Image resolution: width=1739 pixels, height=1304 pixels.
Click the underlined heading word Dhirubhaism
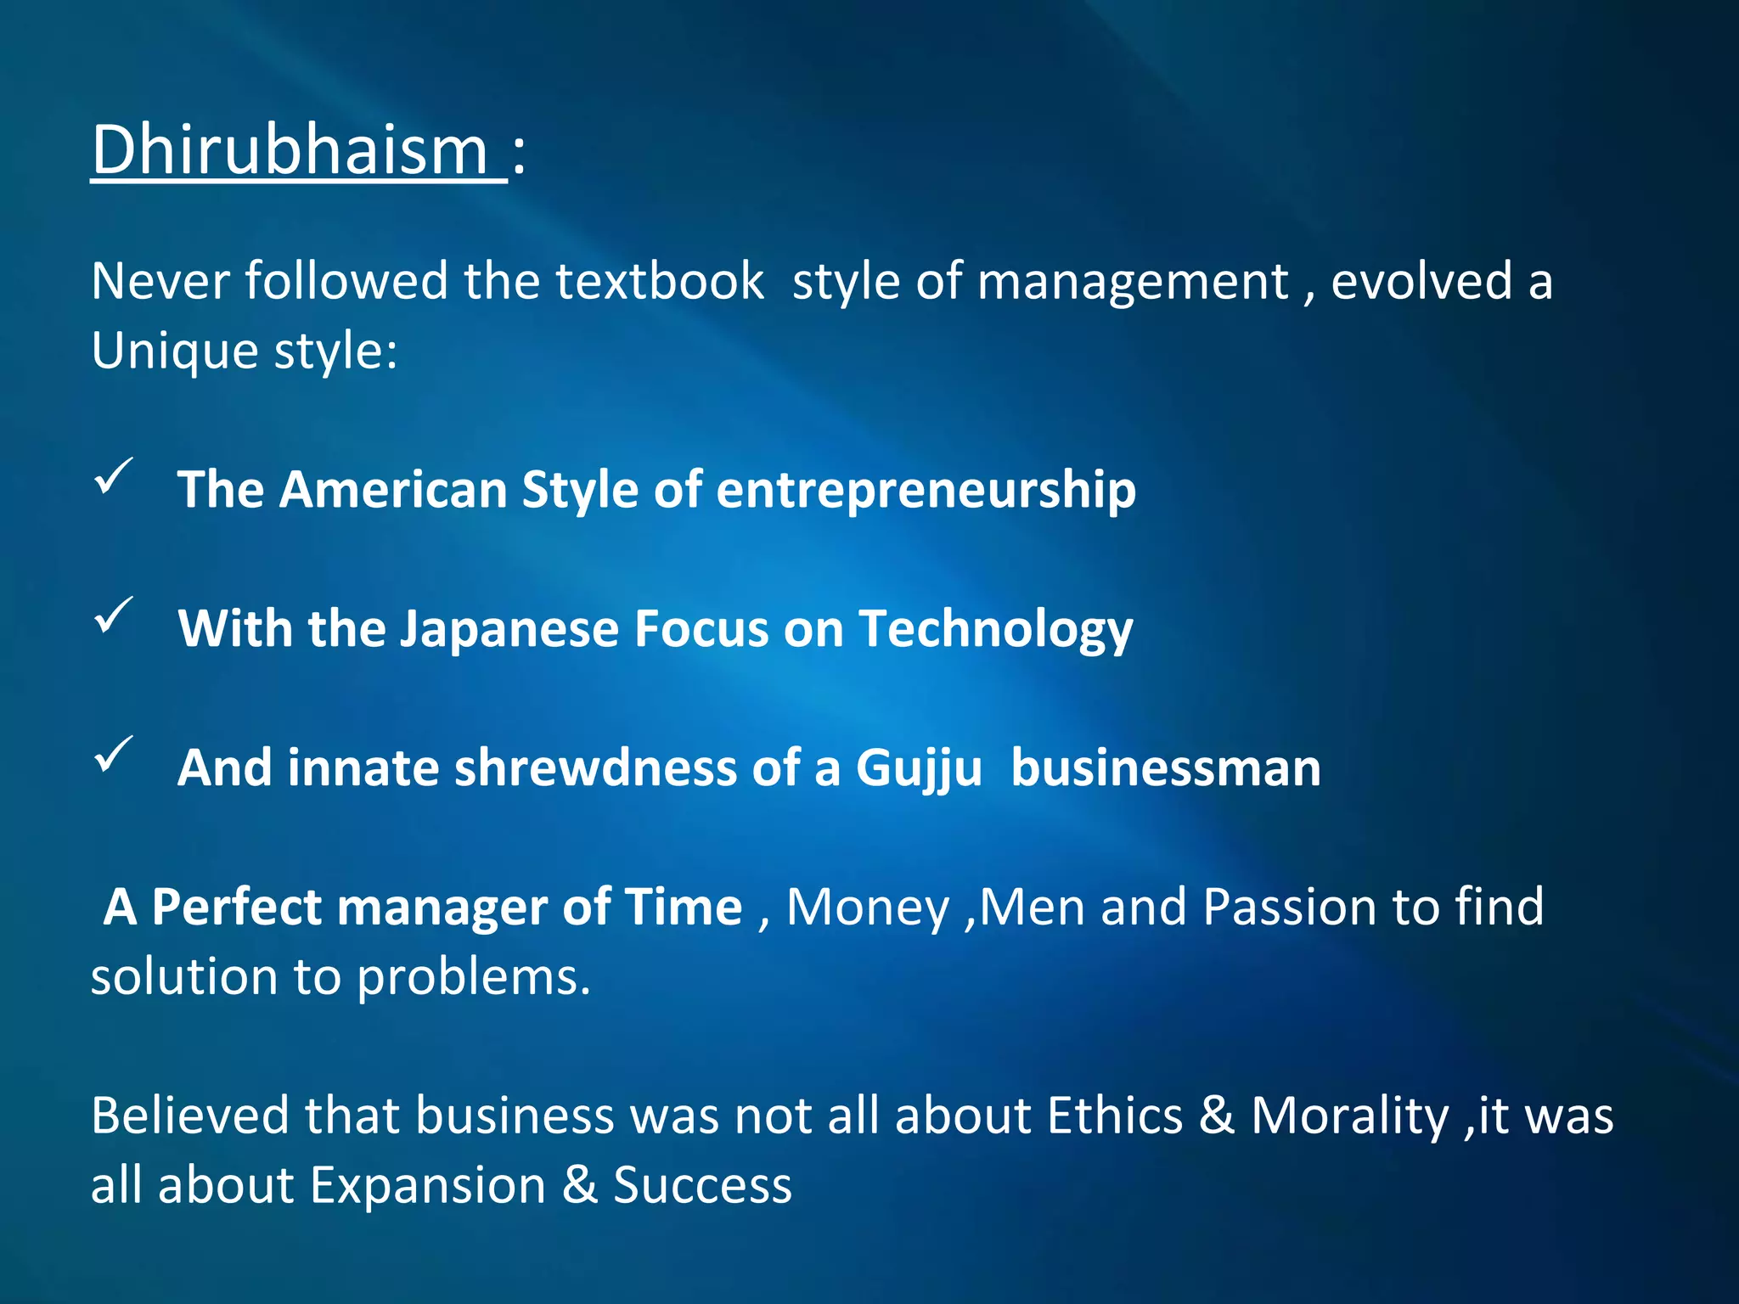coord(289,150)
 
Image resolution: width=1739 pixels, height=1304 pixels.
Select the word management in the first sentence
coord(1133,281)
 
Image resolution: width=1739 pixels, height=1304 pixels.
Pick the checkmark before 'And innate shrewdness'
coord(113,754)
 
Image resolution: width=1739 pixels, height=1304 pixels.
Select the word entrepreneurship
coord(926,491)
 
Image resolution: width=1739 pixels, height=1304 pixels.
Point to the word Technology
coord(995,630)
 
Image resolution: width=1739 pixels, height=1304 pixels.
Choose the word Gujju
coord(919,769)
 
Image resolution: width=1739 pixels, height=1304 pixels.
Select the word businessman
coord(1165,768)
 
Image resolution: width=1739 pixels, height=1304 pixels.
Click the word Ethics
coord(1115,1116)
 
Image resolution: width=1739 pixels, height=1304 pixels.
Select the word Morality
coord(1349,1116)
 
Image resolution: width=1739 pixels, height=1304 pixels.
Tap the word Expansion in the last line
coord(428,1186)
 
